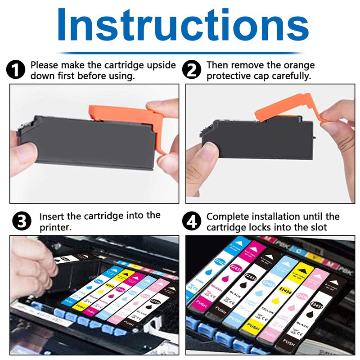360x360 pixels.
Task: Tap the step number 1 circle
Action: click(x=16, y=71)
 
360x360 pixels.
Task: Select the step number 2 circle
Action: click(x=193, y=71)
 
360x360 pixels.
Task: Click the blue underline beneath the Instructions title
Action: click(x=180, y=53)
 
